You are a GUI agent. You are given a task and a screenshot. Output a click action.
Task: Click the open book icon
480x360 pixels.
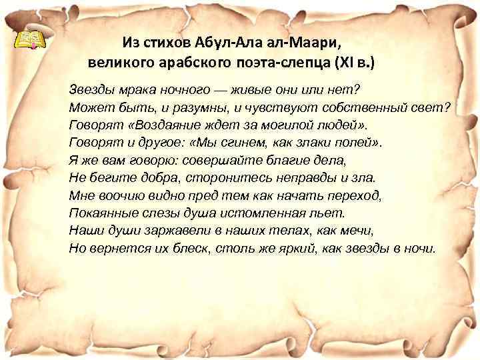tap(30, 40)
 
